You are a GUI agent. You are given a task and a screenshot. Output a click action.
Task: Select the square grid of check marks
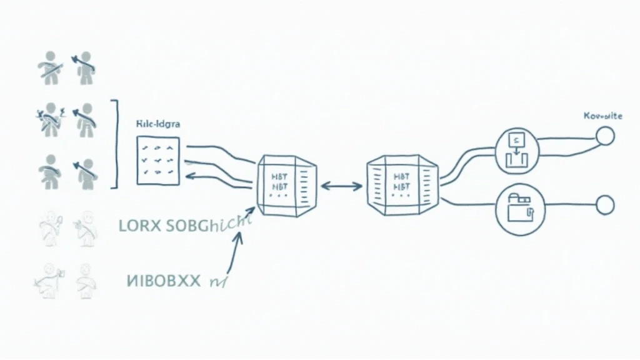coord(157,160)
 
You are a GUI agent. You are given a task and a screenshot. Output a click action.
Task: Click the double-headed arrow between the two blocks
coord(341,186)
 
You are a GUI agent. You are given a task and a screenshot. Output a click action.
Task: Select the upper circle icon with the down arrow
coord(516,150)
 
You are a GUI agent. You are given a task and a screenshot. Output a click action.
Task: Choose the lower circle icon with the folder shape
coord(516,212)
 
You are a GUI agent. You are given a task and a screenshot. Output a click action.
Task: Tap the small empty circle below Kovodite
coord(605,136)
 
